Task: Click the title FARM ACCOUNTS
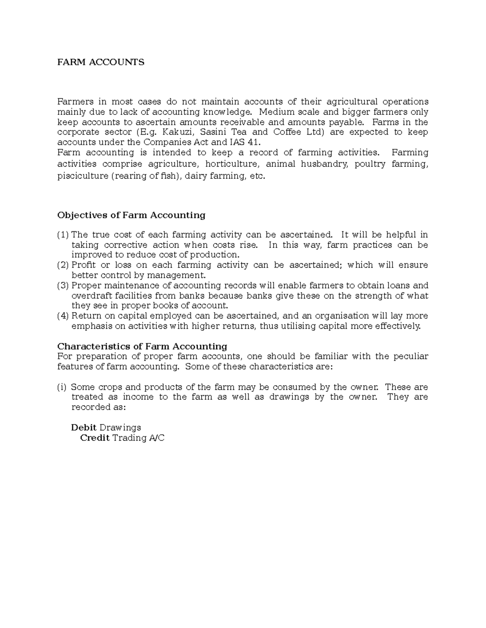tap(100, 62)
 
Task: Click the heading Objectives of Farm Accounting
tap(131, 215)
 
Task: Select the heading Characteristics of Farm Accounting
tap(142, 347)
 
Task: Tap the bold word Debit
tap(84, 427)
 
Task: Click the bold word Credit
tap(95, 438)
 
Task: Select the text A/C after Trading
tap(156, 438)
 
